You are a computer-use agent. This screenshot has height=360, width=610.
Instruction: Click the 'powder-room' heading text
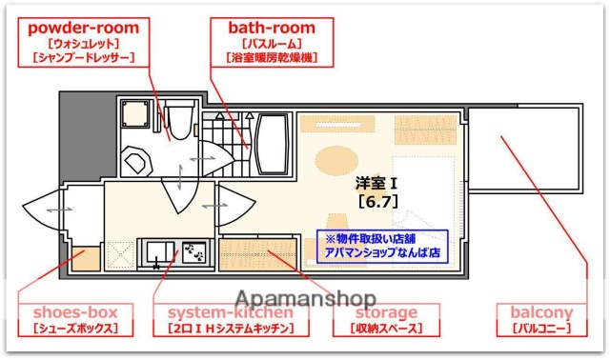pyautogui.click(x=84, y=28)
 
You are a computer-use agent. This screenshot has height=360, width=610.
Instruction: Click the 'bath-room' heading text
pyautogui.click(x=271, y=28)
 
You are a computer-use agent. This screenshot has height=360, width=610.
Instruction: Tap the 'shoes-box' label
pyautogui.click(x=75, y=312)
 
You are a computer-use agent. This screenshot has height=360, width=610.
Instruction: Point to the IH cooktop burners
pyautogui.click(x=195, y=252)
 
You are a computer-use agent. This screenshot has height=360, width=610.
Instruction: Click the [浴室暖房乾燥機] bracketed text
pyautogui.click(x=271, y=58)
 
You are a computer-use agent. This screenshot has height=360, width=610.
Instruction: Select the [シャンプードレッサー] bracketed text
pyautogui.click(x=84, y=58)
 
